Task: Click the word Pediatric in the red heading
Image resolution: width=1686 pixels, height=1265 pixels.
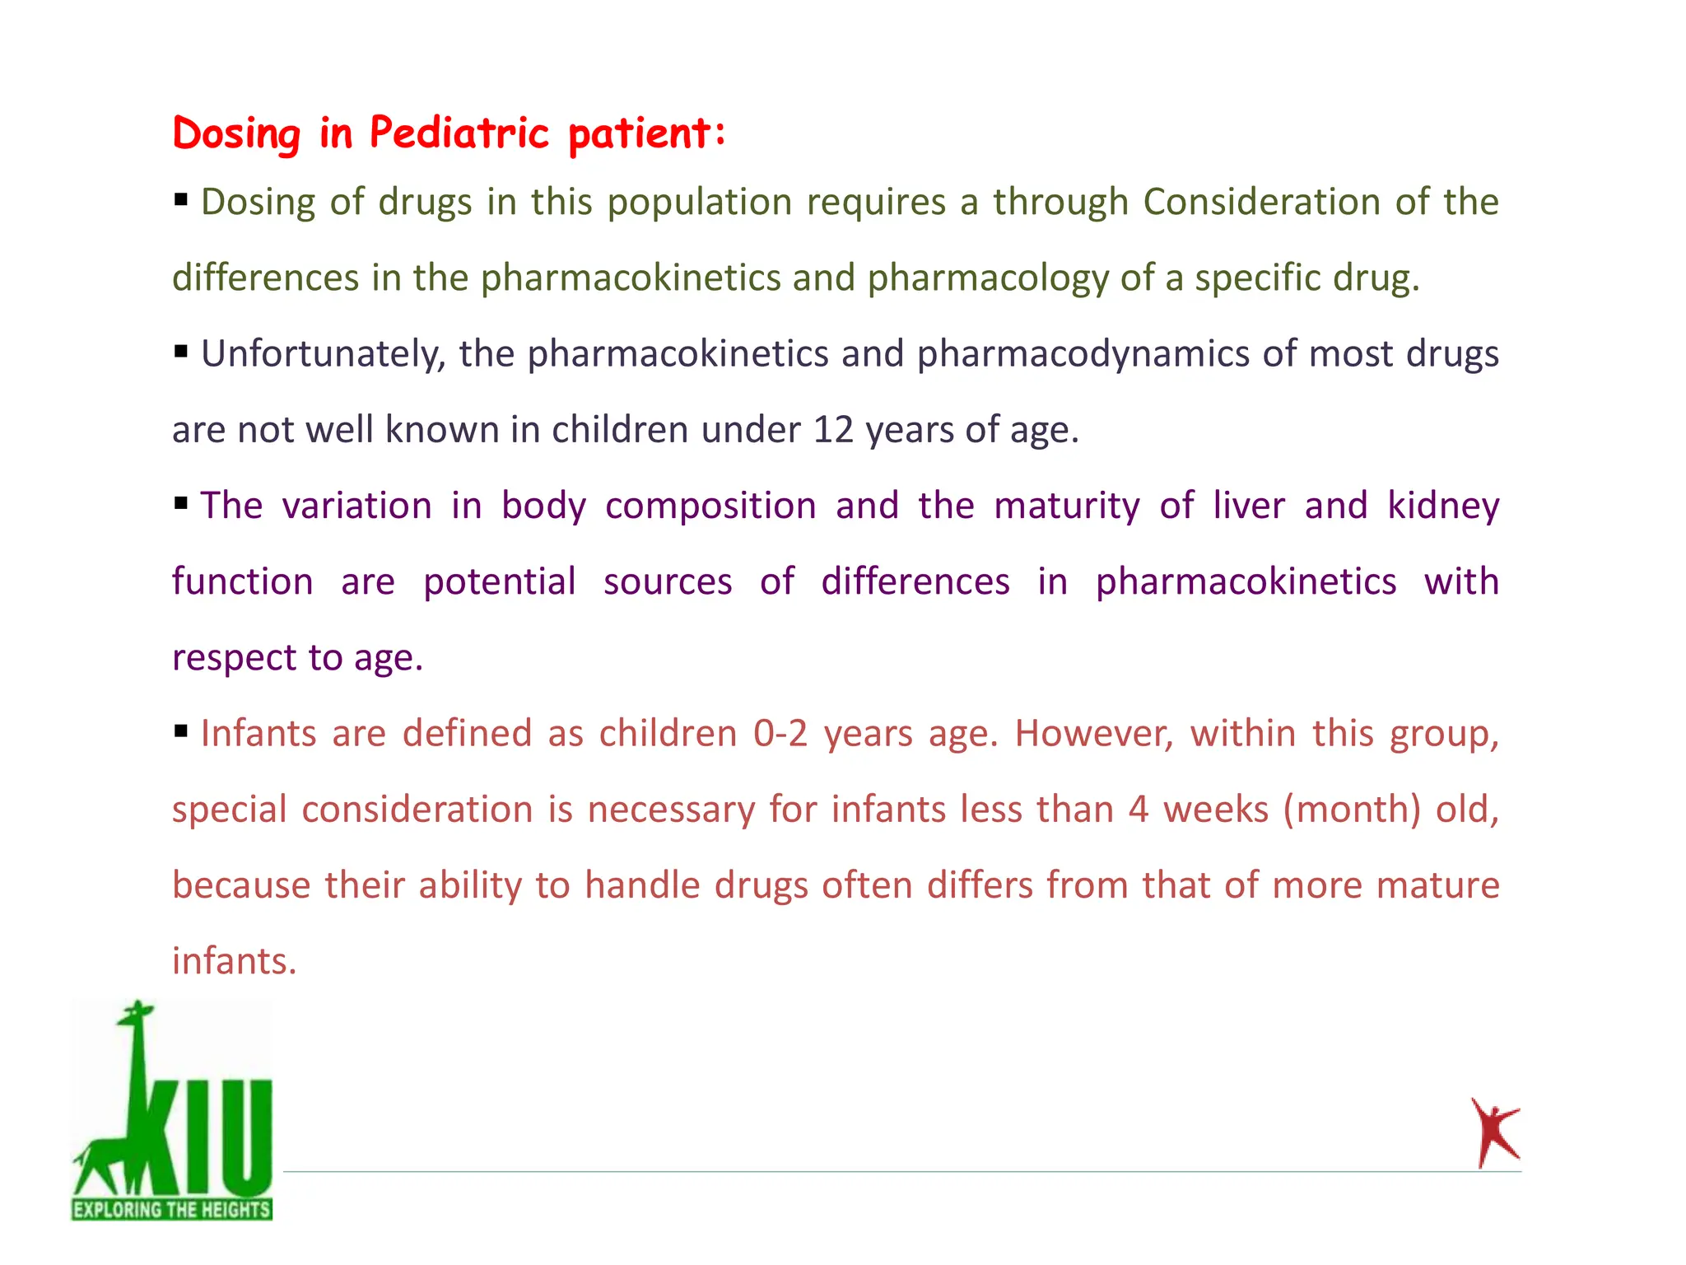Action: coord(459,133)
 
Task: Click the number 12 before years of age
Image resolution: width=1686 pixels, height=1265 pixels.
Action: coord(832,430)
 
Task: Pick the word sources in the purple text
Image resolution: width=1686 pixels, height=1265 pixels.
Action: coord(668,582)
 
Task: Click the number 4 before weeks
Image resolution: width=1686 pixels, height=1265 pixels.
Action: coord(1138,810)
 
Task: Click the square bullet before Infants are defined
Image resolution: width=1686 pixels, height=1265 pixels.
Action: coord(181,730)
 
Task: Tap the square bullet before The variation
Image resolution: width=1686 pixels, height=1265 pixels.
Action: coord(181,502)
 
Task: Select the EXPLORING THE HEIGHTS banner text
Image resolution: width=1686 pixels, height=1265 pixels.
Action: coord(171,1209)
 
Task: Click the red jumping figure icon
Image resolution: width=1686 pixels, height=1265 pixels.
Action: coord(1493,1132)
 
